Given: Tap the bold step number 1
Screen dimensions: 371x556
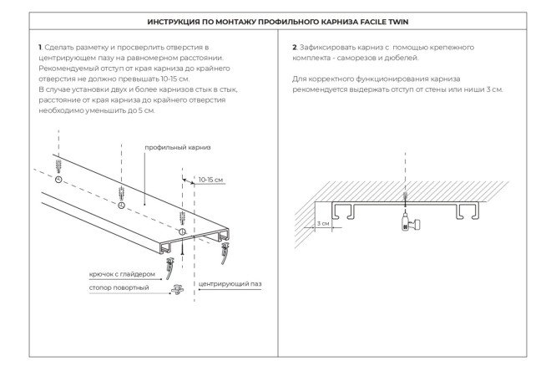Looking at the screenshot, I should (x=40, y=47).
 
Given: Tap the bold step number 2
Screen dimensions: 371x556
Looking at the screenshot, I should (x=295, y=47).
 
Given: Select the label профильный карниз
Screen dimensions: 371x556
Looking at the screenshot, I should (x=178, y=147).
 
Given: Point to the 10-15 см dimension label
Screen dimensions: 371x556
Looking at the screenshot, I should (x=210, y=179).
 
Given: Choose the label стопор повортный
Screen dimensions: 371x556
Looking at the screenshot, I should (x=119, y=288).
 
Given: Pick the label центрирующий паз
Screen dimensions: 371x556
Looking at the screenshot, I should (x=230, y=284).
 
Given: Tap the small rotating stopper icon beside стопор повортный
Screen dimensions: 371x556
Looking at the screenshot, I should (x=178, y=290).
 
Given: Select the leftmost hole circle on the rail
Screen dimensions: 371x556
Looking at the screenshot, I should (x=58, y=180).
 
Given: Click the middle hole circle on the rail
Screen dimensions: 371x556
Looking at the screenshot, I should (x=121, y=204).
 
